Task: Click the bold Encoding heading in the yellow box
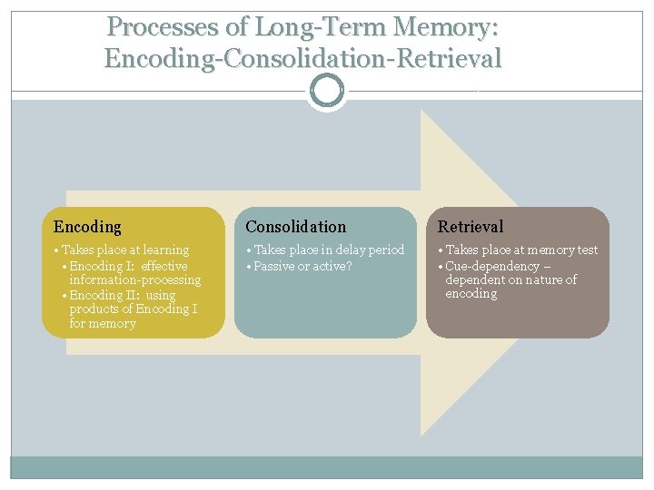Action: click(87, 227)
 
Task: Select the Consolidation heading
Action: click(296, 227)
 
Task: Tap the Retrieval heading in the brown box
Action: click(471, 227)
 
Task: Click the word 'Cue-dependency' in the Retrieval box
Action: click(492, 266)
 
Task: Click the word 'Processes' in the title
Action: click(163, 26)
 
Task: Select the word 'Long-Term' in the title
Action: click(321, 27)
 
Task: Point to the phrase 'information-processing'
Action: click(135, 279)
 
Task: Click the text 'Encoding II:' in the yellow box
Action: click(104, 295)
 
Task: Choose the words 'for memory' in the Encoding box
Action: click(103, 323)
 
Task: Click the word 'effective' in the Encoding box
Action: click(164, 266)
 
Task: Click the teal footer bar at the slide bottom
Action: click(327, 467)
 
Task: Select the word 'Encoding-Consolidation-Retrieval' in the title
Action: click(302, 58)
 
